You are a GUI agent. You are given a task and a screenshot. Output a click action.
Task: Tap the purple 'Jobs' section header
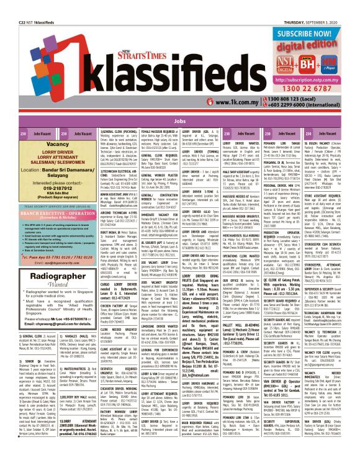(x=179, y=120)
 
